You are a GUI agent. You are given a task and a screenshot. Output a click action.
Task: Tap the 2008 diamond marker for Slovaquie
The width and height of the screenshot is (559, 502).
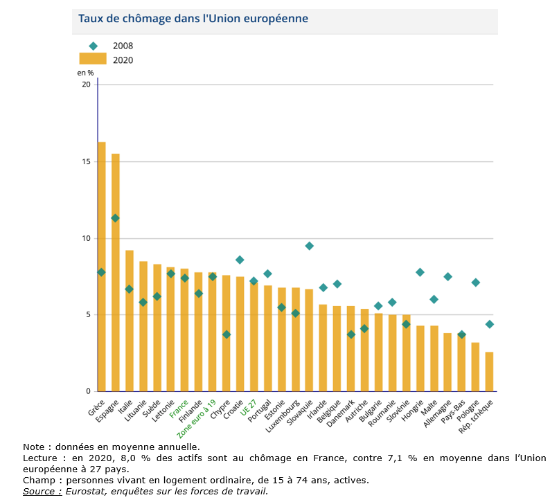pos(310,246)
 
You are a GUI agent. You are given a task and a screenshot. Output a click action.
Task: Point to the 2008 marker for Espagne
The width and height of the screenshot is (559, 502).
pos(116,218)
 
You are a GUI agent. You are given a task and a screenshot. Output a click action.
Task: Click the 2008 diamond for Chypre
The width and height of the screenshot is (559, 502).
pos(227,334)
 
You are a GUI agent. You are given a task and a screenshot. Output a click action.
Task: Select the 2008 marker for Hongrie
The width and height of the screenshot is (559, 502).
pos(420,272)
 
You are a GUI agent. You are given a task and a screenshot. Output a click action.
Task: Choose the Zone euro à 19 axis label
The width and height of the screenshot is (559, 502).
pos(196,418)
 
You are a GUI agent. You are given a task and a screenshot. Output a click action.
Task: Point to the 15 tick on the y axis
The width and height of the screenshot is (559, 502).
pos(87,162)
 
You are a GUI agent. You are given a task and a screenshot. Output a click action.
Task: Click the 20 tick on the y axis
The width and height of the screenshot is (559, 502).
pos(87,84)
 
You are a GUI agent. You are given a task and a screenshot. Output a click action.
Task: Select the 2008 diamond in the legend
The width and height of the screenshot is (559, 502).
pos(93,46)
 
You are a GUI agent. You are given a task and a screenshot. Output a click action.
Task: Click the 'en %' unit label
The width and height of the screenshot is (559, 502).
pos(85,72)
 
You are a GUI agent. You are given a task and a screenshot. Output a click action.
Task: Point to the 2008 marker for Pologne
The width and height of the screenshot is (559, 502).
pos(476,283)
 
